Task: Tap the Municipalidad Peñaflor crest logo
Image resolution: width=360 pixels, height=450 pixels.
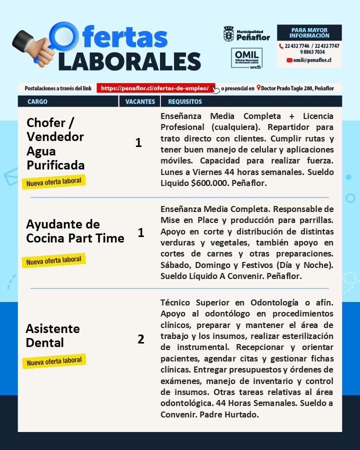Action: pos(228,34)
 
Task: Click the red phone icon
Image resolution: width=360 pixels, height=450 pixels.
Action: pos(281,46)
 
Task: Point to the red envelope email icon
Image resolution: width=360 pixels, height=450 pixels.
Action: pos(289,60)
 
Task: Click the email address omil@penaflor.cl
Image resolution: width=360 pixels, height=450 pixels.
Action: pos(312,60)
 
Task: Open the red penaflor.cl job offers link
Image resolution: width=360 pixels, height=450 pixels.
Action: pos(155,88)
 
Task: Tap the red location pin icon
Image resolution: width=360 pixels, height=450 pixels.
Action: pos(258,88)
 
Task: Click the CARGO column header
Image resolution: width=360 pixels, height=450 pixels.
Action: pos(37,101)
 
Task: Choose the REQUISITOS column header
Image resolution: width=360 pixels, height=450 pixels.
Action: pos(185,101)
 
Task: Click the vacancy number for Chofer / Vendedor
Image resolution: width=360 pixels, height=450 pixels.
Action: pos(138,143)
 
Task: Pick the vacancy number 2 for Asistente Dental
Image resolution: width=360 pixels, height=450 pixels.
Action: pos(141,339)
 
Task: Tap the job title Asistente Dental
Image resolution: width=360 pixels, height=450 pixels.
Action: pos(52,335)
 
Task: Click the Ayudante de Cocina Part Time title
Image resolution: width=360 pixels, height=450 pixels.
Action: pos(75,231)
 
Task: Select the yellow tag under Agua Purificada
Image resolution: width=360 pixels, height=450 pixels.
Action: pos(54,181)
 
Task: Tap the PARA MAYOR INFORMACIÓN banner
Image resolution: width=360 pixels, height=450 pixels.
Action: pos(309,33)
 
